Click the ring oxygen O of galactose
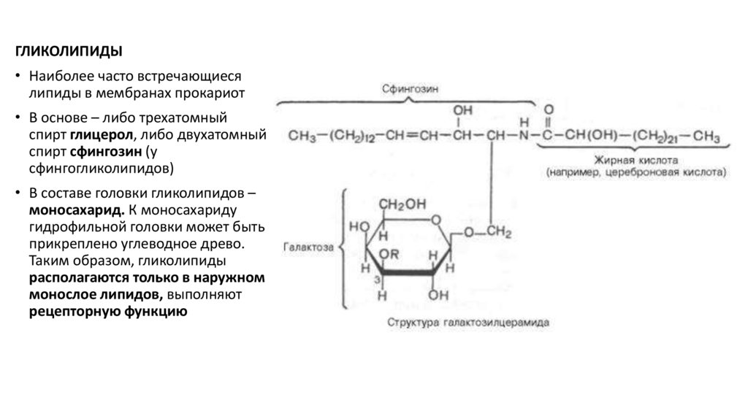(x=436, y=218)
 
